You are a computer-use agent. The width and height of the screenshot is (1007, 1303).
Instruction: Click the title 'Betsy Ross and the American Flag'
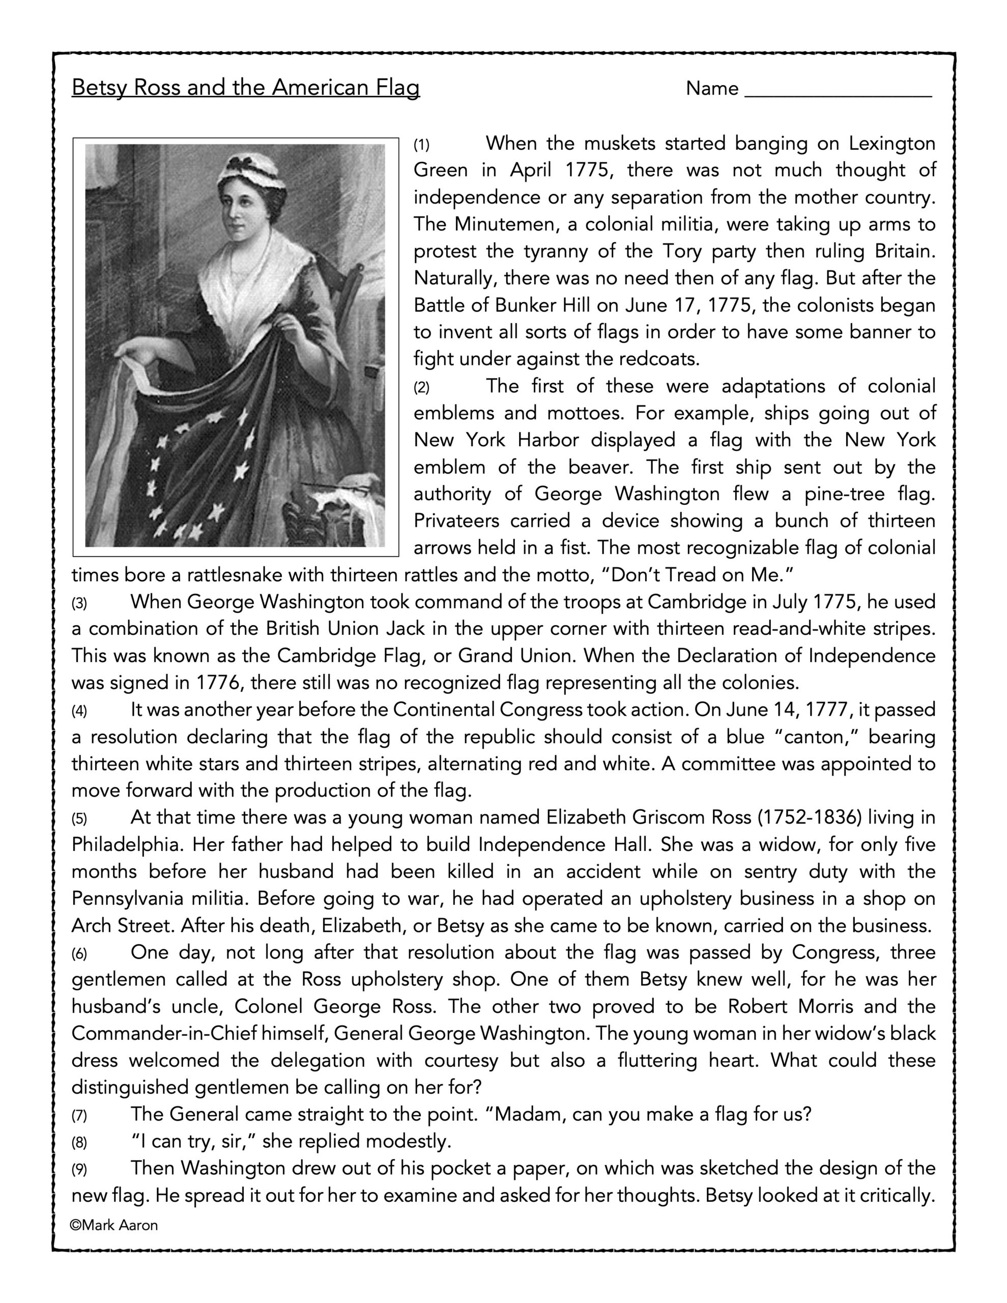coord(245,88)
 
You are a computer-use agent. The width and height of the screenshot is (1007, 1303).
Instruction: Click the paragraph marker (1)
coord(422,145)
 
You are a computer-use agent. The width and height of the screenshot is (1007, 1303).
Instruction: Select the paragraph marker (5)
coord(79,818)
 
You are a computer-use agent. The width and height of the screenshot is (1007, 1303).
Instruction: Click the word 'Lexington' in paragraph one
coord(892,144)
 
